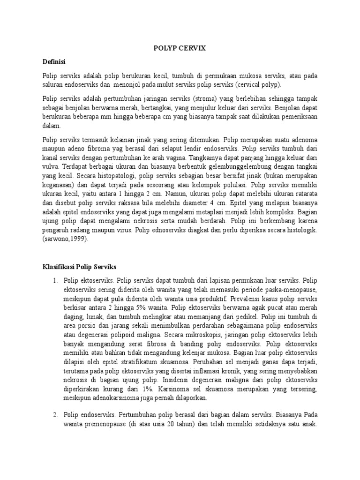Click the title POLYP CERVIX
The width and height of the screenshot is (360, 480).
pyautogui.click(x=180, y=48)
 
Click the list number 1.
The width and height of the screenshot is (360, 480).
pyautogui.click(x=55, y=280)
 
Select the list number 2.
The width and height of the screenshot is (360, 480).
pyautogui.click(x=55, y=415)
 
